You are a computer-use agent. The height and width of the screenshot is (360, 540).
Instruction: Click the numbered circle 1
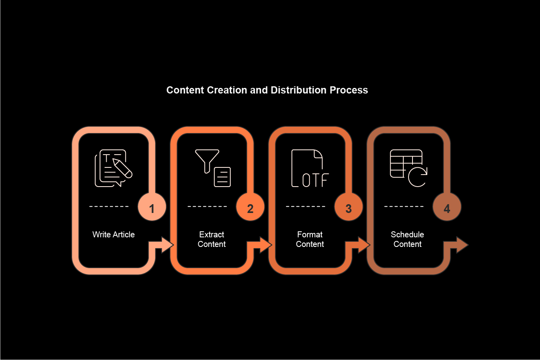(152, 207)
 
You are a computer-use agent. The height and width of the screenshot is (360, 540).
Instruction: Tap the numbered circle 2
(250, 207)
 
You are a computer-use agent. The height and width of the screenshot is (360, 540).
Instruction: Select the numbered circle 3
(349, 207)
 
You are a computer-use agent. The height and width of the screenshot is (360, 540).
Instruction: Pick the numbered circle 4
(447, 207)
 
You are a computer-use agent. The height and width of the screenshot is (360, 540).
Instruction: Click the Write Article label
(114, 235)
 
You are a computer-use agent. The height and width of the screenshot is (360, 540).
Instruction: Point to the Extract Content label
(212, 239)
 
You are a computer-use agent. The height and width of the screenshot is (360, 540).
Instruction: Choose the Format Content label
(310, 239)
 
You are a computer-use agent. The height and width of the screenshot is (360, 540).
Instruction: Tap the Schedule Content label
(407, 239)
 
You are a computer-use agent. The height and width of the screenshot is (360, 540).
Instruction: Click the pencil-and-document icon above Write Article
(114, 168)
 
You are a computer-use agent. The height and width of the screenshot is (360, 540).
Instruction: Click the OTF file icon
(310, 168)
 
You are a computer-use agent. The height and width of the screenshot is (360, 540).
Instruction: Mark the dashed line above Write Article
(109, 207)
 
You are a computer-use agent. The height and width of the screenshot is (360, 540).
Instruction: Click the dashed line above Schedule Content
(404, 207)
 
